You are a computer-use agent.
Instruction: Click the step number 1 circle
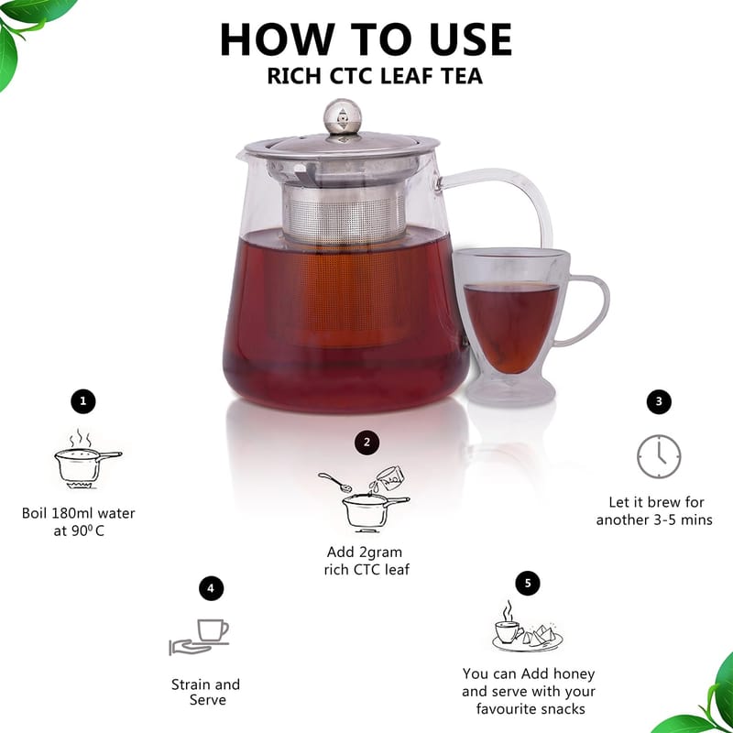[x=82, y=401]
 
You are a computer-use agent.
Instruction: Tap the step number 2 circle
[x=366, y=443]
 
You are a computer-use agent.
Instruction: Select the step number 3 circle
[x=659, y=401]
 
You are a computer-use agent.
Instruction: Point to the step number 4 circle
[x=211, y=588]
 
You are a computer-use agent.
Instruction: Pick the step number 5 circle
[x=528, y=583]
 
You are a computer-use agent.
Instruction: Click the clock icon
[x=659, y=456]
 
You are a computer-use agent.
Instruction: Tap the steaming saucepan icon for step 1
[x=87, y=460]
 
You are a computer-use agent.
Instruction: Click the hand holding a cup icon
[x=199, y=637]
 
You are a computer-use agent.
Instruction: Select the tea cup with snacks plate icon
[x=528, y=628]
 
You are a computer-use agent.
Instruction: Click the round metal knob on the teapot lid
[x=343, y=116]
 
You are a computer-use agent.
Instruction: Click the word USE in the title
[x=471, y=39]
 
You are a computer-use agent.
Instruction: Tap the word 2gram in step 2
[x=380, y=553]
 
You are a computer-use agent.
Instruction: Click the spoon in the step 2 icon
[x=334, y=482]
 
